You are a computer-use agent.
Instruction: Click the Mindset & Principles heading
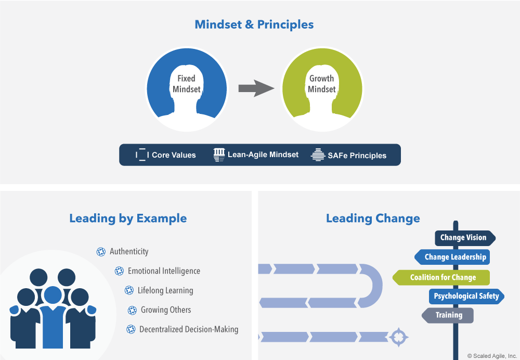tap(254, 24)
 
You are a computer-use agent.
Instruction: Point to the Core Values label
tap(174, 155)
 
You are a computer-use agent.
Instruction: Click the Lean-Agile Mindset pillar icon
tap(219, 155)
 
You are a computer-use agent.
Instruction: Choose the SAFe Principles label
tap(357, 155)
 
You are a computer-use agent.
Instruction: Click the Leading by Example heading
tap(128, 218)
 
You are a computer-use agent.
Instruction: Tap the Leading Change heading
tap(373, 218)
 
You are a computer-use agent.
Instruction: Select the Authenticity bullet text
tap(129, 251)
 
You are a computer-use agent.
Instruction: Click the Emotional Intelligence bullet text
tap(164, 271)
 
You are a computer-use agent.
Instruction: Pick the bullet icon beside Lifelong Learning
tap(129, 290)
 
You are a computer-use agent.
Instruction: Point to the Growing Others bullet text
tap(166, 310)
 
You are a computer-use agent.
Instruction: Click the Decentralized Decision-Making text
tap(189, 329)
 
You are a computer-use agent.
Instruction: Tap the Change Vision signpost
tap(463, 238)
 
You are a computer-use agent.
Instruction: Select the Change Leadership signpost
tap(454, 257)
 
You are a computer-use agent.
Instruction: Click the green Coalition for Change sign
tap(443, 277)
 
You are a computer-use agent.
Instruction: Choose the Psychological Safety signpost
tap(466, 297)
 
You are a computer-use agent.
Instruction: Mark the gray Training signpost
tap(448, 315)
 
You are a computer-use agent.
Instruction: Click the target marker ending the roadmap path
tap(398, 336)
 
